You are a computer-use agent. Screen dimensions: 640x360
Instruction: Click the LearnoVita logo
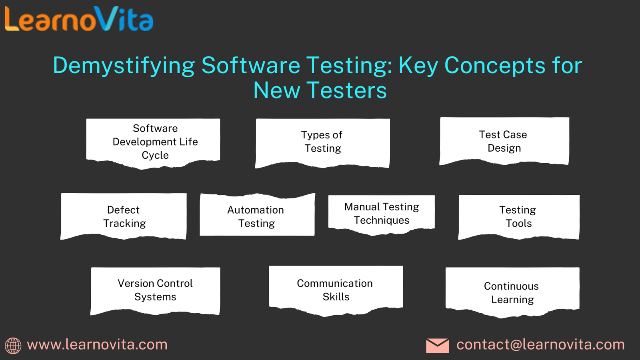point(79,19)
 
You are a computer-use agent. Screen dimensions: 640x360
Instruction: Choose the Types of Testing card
point(322,143)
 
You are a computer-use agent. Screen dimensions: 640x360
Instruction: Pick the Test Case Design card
point(504,141)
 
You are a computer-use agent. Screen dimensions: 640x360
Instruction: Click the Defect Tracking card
point(124,216)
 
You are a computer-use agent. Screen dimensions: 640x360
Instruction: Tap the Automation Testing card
point(257,214)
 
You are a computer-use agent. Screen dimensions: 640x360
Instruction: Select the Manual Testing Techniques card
point(382,215)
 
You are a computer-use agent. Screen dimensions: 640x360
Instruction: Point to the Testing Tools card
point(519,217)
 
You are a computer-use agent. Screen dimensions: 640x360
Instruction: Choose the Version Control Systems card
point(155,291)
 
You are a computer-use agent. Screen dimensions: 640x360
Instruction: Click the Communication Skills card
point(336,291)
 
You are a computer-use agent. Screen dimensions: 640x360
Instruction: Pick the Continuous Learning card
point(512,292)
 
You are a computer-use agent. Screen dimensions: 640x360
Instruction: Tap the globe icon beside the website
point(13,346)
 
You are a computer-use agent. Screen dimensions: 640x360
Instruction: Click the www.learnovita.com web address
point(97,344)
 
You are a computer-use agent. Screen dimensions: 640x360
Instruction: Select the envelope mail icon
point(438,346)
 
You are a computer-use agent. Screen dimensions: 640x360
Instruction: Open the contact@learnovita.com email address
point(540,344)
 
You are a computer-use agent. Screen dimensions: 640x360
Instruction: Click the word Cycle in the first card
point(155,155)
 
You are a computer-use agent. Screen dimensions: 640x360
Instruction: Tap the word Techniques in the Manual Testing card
point(382,220)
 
